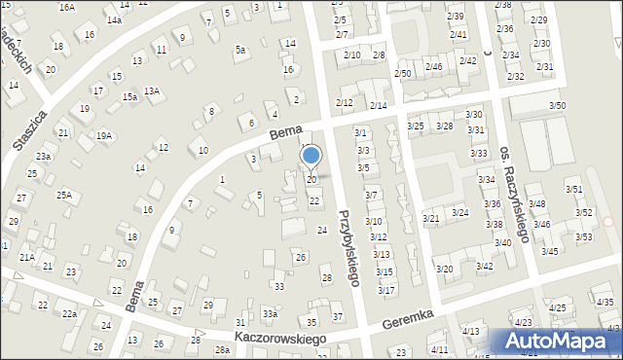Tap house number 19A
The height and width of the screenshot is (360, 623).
coord(104,136)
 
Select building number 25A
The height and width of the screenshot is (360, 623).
coord(64,195)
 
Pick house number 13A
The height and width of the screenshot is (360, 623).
coord(152,90)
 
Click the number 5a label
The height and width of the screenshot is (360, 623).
coord(239,50)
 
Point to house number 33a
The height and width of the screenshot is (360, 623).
coord(270,314)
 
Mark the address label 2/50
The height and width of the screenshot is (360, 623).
coord(403,74)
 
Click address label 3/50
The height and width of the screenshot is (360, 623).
coord(557,105)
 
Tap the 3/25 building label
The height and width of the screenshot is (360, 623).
coord(416,126)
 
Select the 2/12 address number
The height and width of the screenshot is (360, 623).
coord(344,102)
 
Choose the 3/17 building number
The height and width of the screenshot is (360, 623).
coord(385,290)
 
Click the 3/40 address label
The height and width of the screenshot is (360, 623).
coord(503,242)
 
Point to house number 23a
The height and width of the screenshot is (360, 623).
coord(44,156)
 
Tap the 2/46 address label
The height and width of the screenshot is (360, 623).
coord(434,66)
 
